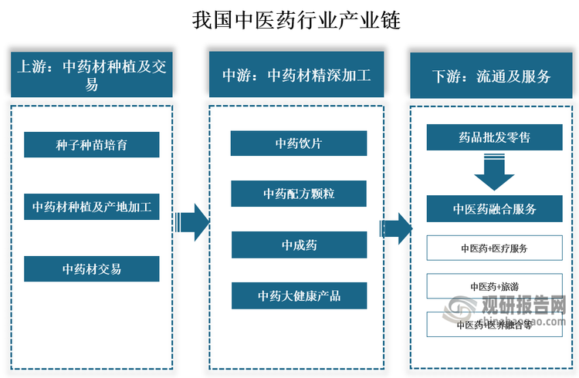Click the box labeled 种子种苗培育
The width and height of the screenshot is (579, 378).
[91, 144]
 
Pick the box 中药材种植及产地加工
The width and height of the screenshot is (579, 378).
[91, 207]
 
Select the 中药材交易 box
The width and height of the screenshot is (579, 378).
[91, 269]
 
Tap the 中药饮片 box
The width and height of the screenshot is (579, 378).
[298, 143]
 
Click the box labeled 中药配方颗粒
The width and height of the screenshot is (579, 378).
[298, 194]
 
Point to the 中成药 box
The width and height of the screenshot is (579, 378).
[298, 245]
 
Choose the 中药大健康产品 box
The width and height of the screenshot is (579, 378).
[298, 295]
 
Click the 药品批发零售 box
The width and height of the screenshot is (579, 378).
[494, 138]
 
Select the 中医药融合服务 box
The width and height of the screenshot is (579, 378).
[494, 208]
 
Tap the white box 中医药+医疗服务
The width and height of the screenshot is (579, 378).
[494, 248]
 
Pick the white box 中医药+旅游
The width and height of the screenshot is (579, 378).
[494, 286]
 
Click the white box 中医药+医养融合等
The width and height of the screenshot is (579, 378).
[494, 325]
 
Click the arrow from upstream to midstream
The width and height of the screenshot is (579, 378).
[191, 223]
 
